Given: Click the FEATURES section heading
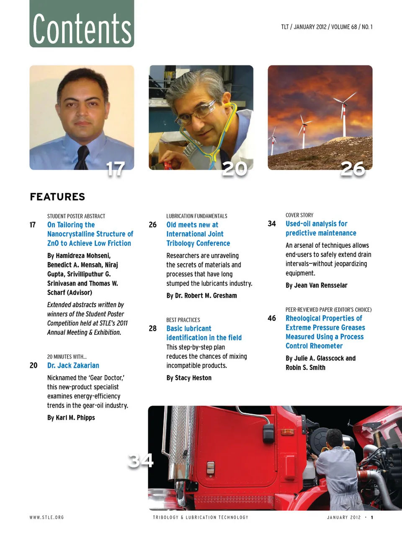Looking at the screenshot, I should click(x=57, y=197).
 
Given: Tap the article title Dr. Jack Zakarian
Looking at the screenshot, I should click(x=73, y=366).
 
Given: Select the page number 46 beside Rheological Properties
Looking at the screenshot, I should click(x=272, y=318).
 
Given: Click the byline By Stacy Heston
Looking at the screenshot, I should click(x=189, y=378).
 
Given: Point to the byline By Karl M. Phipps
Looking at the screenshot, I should click(x=71, y=418).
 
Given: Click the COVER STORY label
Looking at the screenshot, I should click(x=299, y=215).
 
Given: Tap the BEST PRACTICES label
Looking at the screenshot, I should click(x=183, y=320).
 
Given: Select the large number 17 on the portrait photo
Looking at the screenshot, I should click(x=116, y=169).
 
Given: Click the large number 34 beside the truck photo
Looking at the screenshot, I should click(x=141, y=460).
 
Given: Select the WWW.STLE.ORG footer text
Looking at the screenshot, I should click(x=46, y=517).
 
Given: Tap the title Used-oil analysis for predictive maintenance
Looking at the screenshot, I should click(x=321, y=229).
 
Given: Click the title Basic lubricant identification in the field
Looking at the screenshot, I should click(x=204, y=333).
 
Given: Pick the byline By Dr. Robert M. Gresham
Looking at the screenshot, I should click(x=201, y=296).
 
